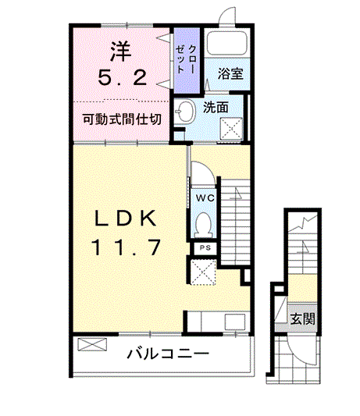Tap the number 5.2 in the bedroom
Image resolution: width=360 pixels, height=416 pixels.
[x=123, y=76]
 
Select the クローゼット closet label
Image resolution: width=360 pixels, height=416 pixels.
[x=185, y=59]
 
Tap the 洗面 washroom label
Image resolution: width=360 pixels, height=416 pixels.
[x=216, y=108]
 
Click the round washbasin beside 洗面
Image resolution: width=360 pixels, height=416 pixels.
[x=184, y=112]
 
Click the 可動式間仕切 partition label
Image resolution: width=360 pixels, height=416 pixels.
[x=123, y=120]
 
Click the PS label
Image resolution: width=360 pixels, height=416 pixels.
[x=204, y=247]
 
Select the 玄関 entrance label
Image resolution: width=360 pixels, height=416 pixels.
[x=303, y=318]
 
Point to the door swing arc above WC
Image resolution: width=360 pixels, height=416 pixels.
[x=201, y=173]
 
